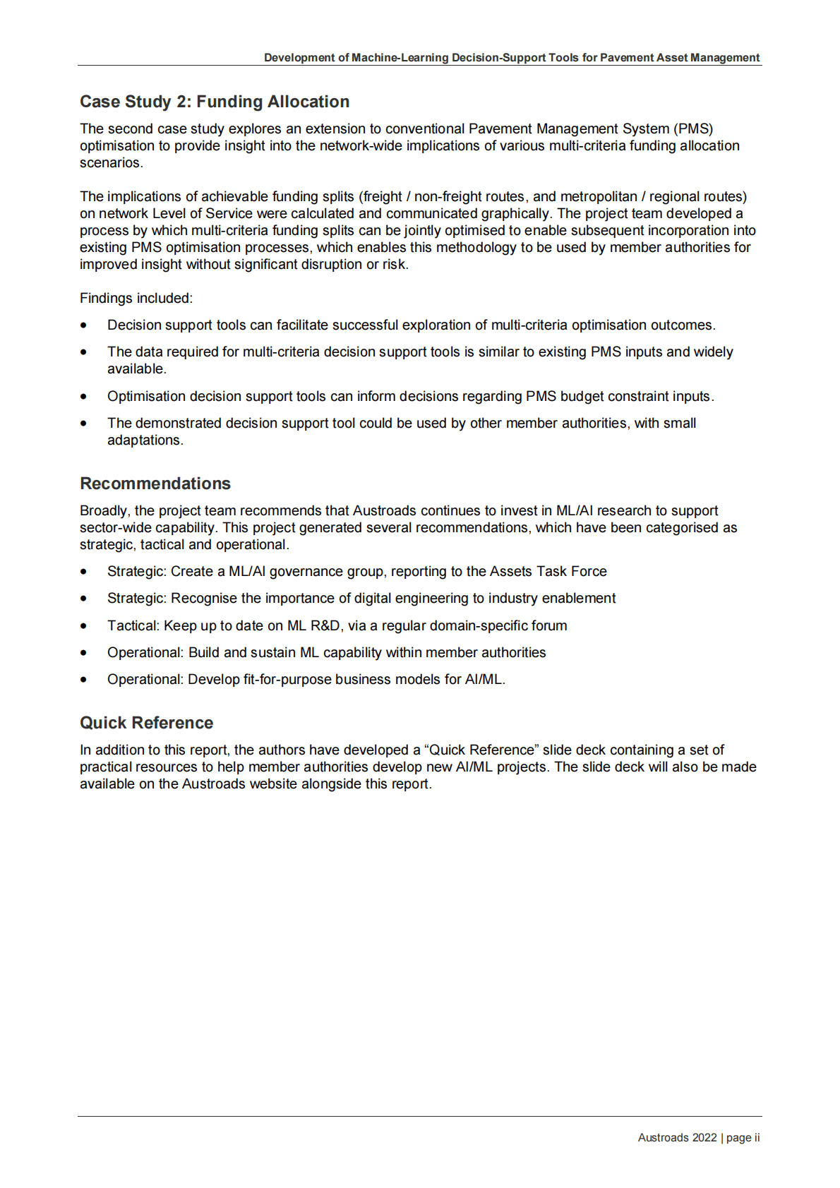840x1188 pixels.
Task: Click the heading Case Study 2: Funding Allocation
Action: point(214,102)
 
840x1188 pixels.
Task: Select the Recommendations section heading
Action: point(155,484)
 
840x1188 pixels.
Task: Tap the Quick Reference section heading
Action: point(146,723)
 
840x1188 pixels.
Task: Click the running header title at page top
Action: point(512,58)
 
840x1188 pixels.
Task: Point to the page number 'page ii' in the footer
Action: point(743,1138)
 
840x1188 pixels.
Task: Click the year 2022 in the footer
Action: point(704,1138)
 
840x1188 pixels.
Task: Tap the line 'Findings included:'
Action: point(136,299)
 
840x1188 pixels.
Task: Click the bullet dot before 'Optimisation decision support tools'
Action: point(84,397)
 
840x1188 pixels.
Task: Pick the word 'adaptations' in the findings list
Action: point(145,440)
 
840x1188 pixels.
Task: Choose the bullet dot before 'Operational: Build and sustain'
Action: point(84,653)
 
